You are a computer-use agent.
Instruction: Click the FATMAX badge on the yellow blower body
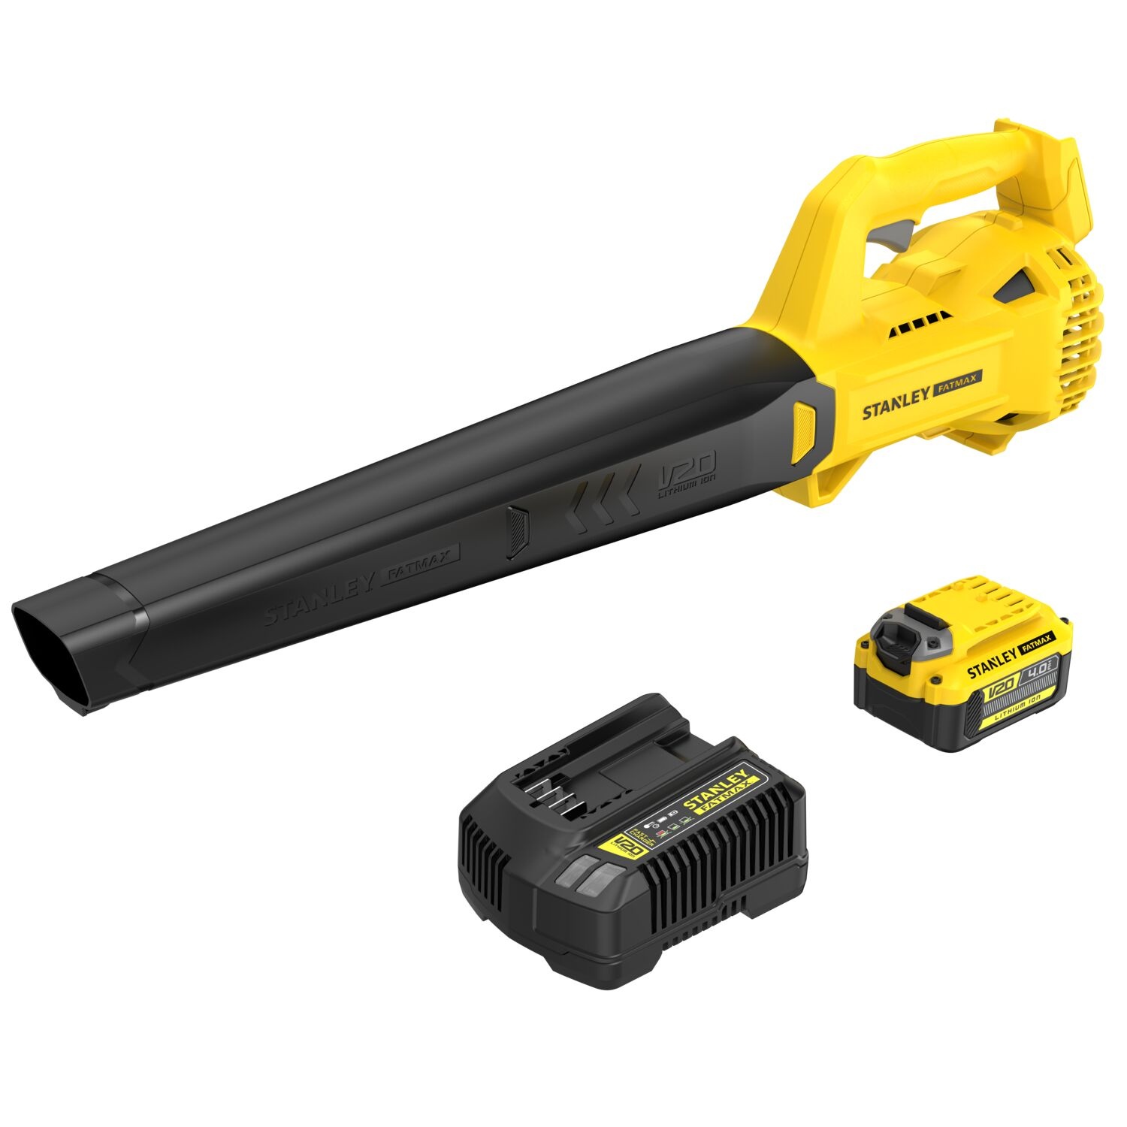pyautogui.click(x=957, y=388)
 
